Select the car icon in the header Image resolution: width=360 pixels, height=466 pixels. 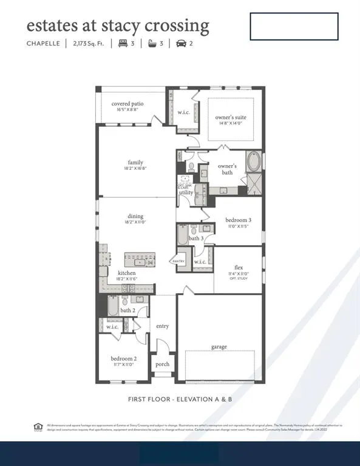[181, 44]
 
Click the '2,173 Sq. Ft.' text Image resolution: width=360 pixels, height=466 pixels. [89, 44]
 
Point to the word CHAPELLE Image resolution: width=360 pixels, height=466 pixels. [42, 44]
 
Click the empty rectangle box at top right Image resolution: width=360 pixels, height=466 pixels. [294, 27]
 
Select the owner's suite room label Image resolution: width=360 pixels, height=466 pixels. [231, 117]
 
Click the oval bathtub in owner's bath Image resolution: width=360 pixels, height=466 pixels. [253, 163]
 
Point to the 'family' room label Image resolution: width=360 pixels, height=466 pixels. [135, 162]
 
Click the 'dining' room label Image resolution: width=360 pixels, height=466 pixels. [135, 216]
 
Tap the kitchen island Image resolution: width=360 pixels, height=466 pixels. [139, 260]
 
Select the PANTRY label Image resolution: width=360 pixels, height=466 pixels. [178, 261]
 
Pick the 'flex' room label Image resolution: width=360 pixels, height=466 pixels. [239, 267]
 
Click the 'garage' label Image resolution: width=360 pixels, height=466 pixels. [219, 346]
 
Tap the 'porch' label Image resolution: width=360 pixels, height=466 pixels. [162, 364]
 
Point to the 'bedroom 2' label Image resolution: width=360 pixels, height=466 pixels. [123, 359]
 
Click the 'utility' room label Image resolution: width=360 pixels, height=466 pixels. [186, 192]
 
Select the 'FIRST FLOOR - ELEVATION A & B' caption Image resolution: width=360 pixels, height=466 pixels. [180, 399]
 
